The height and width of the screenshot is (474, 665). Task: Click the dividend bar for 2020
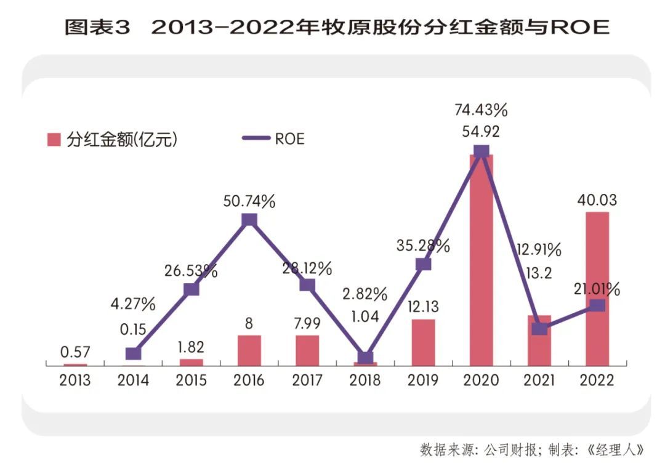[x=481, y=259]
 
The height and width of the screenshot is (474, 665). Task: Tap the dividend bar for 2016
[x=249, y=350]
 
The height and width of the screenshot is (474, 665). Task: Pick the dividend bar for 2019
[x=423, y=342]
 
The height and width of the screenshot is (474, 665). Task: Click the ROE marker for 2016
[x=249, y=220]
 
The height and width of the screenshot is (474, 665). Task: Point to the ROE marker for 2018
[x=365, y=358]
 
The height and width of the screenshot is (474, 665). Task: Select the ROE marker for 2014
[x=133, y=353]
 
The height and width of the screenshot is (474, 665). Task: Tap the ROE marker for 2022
[x=597, y=305]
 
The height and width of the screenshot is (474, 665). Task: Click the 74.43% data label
[x=481, y=111]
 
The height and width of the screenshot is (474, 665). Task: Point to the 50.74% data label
[x=249, y=201]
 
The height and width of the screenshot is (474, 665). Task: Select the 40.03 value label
[x=597, y=201]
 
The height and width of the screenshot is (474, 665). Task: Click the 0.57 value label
[x=75, y=352]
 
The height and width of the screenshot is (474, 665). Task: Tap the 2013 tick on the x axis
[x=75, y=380]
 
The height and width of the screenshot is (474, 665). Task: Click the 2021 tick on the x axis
[x=539, y=380]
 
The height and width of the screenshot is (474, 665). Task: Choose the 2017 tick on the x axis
[x=307, y=380]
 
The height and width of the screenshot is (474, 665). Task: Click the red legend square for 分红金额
[x=54, y=139]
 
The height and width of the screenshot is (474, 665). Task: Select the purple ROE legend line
[x=254, y=139]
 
